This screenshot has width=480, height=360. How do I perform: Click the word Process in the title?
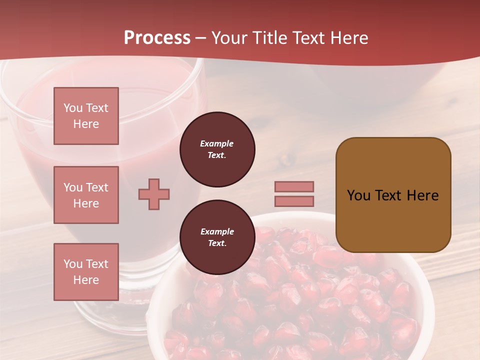(x=157, y=38)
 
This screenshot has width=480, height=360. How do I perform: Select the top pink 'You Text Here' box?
(x=86, y=116)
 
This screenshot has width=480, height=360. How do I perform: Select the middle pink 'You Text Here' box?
(x=86, y=195)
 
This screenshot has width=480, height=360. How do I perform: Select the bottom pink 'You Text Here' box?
(x=86, y=272)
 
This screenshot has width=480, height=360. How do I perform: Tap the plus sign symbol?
(x=154, y=194)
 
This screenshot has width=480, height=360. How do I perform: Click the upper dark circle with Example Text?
(x=217, y=149)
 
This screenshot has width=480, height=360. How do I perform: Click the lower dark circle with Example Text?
(x=217, y=237)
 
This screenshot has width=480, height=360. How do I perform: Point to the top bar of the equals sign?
(x=294, y=186)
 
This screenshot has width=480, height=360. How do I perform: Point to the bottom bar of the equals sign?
(x=294, y=201)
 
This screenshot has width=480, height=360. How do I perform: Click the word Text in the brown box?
(x=388, y=195)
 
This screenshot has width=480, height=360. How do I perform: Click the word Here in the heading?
(x=348, y=38)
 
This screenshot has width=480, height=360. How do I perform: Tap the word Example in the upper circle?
(x=217, y=143)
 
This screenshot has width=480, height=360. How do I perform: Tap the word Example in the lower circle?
(x=217, y=231)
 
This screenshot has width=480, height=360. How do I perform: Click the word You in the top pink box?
(x=73, y=108)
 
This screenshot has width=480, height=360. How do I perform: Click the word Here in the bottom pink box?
(x=86, y=280)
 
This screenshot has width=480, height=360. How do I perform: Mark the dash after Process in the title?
(x=201, y=38)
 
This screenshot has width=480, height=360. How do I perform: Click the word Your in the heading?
(x=229, y=38)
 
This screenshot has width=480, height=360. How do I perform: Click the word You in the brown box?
(x=358, y=195)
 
